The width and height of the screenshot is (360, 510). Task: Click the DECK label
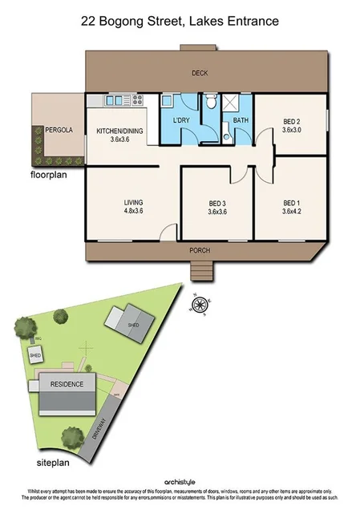point(200,74)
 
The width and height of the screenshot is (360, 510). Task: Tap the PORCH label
point(200,250)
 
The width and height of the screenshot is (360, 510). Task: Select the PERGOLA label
point(59,129)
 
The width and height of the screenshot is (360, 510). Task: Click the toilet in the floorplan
point(210,102)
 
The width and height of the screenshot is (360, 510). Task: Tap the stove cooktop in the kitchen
point(136,100)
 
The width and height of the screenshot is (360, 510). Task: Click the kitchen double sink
point(106,100)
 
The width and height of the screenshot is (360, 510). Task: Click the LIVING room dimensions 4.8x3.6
point(133,211)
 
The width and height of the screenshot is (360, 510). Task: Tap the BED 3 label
point(217,203)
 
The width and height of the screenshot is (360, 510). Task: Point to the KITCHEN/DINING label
point(119,130)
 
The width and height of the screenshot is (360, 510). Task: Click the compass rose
point(201,303)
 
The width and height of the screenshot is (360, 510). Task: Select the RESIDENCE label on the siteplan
point(67,384)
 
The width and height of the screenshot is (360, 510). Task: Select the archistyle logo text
point(180,481)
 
